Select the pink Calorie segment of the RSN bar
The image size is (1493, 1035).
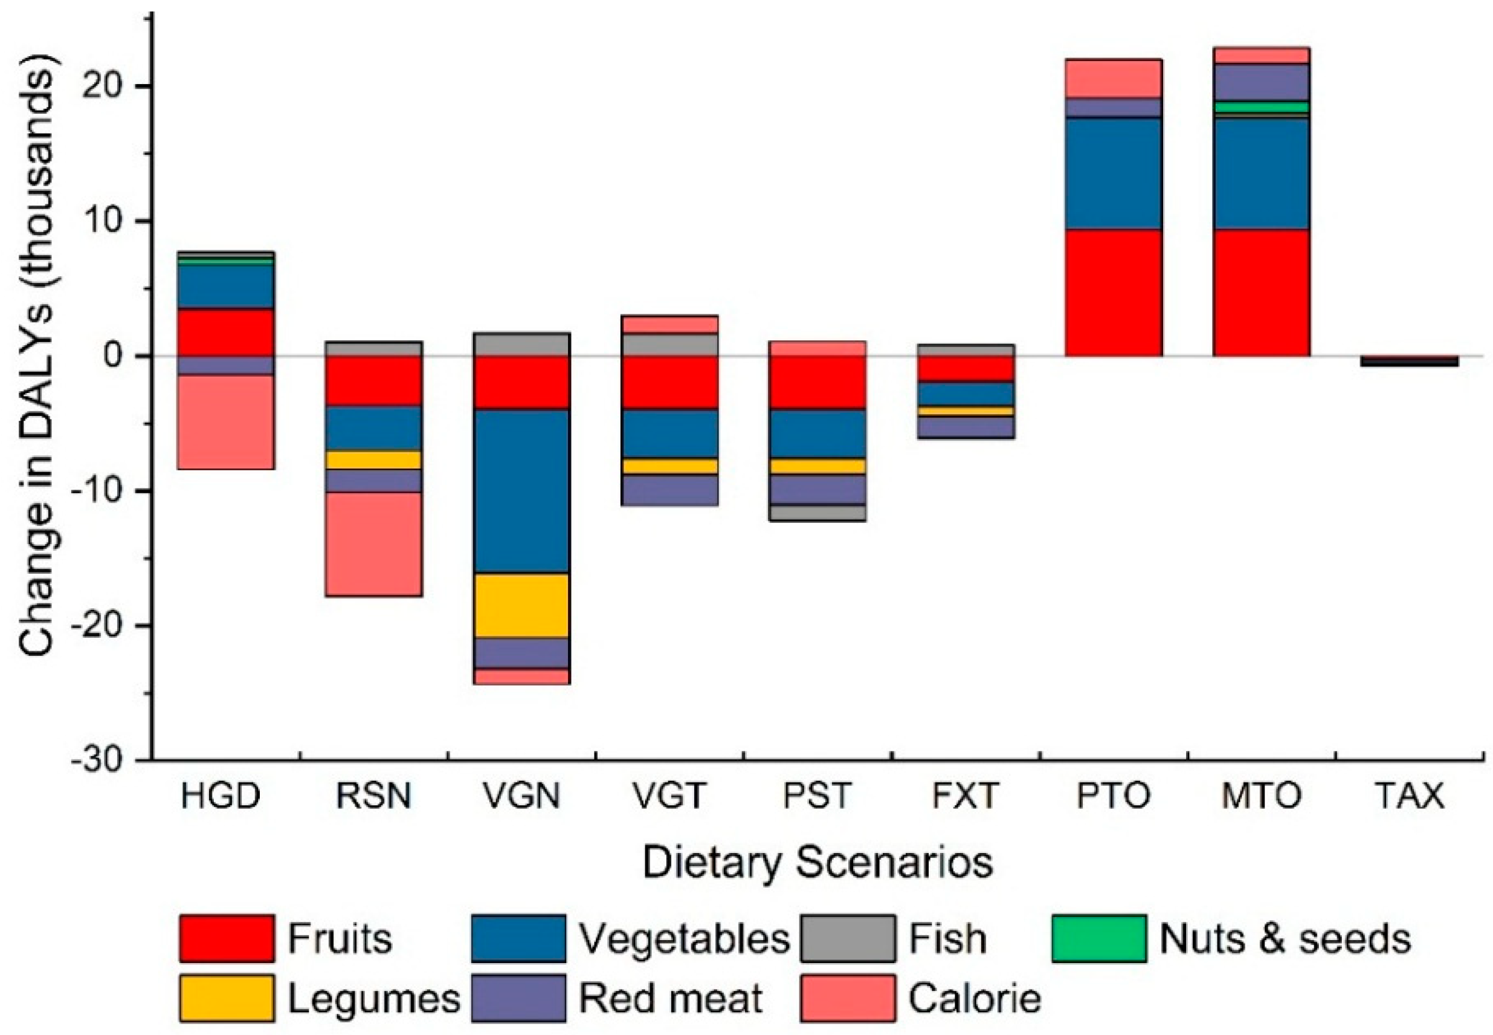tap(373, 543)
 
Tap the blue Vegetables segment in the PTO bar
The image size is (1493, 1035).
tap(1114, 172)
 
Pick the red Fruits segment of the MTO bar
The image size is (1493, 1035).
tap(1261, 292)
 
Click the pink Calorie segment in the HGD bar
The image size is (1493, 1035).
tap(225, 421)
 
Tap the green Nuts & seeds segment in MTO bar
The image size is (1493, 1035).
tap(1261, 106)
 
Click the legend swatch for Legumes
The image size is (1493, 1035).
tap(226, 997)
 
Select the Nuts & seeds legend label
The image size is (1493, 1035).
tap(1285, 938)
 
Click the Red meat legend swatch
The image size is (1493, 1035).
tap(518, 997)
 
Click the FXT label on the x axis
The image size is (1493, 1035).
tap(965, 796)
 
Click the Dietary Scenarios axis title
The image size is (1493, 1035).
tap(817, 863)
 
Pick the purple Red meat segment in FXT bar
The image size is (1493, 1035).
tap(965, 427)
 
